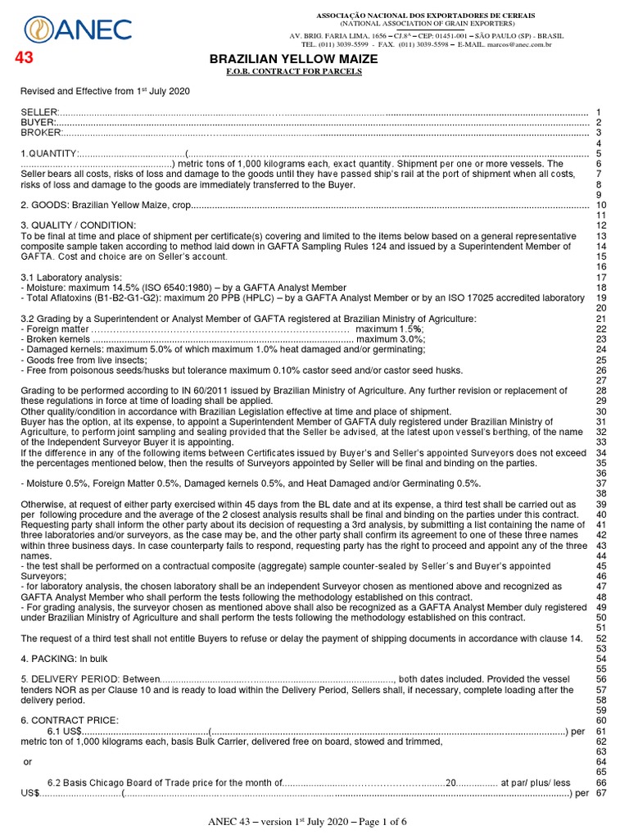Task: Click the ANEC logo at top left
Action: click(x=79, y=30)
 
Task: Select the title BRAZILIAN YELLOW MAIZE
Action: click(x=295, y=60)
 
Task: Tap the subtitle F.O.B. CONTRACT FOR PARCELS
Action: click(x=295, y=73)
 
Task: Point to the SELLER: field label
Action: click(x=39, y=111)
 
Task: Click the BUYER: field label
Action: click(x=38, y=122)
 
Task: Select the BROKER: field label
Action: click(x=41, y=133)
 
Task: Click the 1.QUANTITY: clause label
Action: click(x=49, y=154)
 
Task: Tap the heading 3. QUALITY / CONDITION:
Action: click(x=79, y=225)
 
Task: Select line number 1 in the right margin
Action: click(x=600, y=111)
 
